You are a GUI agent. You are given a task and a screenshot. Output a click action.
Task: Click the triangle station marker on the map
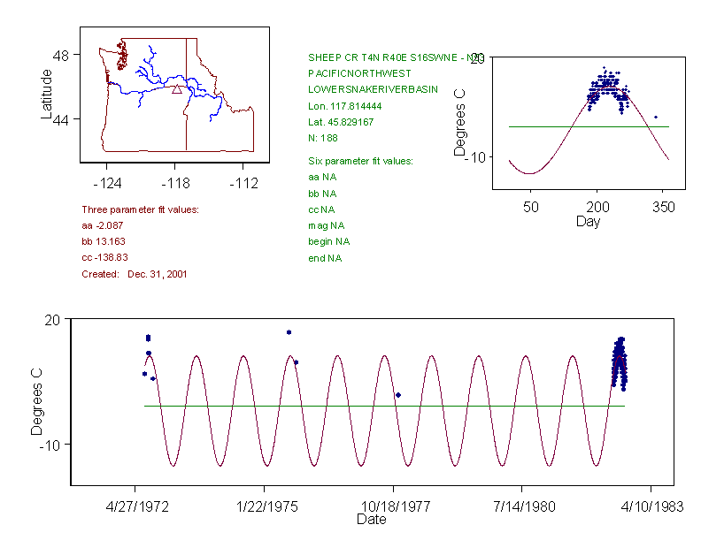click(176, 88)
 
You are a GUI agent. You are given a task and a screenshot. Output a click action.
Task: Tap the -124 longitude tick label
click(107, 183)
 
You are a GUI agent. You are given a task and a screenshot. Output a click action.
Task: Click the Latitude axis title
click(47, 95)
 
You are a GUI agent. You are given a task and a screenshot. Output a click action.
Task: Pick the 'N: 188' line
click(322, 138)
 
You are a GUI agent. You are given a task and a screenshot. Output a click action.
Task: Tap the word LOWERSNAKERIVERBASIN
click(373, 89)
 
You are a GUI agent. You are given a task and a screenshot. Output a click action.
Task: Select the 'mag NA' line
click(324, 225)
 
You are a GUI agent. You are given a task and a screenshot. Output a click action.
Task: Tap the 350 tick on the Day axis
click(664, 207)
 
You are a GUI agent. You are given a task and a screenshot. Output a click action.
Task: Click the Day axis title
click(588, 221)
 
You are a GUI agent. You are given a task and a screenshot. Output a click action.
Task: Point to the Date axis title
click(372, 520)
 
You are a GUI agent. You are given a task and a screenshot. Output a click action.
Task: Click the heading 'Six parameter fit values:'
click(360, 161)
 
